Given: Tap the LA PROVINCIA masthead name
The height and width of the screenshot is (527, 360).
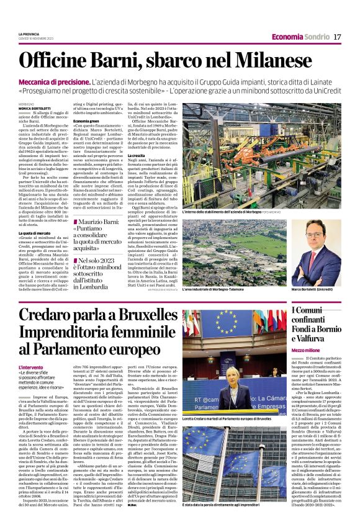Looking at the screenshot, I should (29, 32).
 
